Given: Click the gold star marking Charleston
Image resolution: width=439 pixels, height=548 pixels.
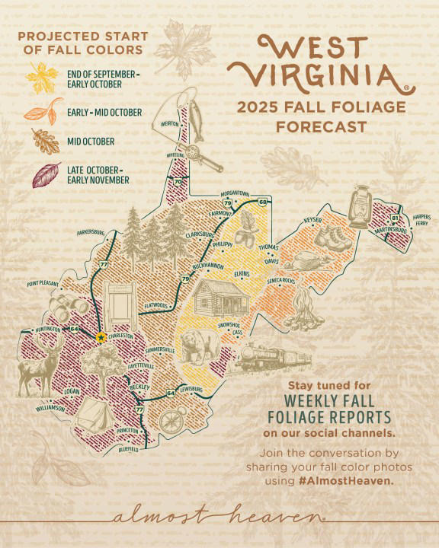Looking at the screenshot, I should [x=101, y=336].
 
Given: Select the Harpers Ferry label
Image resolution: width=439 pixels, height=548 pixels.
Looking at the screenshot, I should [x=421, y=220].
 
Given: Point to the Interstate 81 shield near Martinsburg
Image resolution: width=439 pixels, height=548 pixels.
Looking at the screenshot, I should [x=394, y=218].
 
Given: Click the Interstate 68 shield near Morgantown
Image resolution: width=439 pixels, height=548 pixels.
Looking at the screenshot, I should [x=262, y=202].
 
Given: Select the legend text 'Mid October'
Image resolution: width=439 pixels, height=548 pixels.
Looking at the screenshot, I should [x=90, y=142].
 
